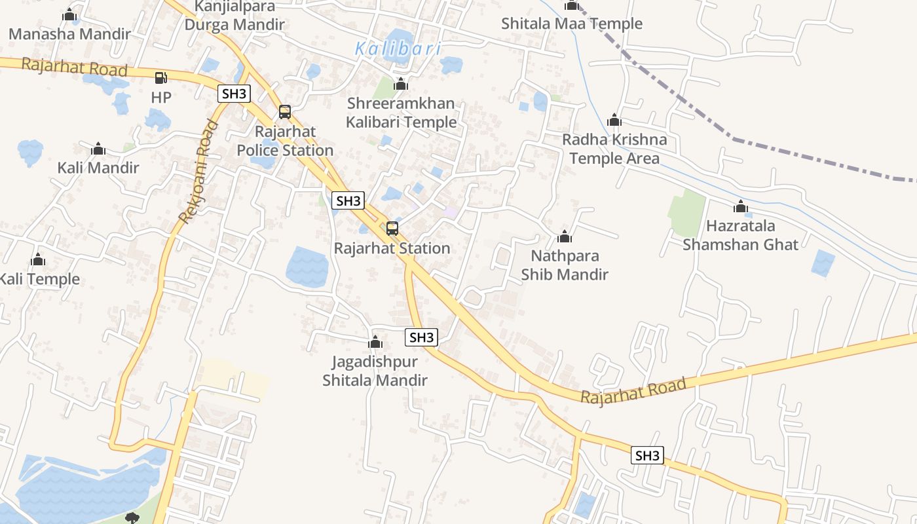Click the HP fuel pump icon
(x=160, y=78)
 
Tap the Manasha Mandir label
(x=69, y=34)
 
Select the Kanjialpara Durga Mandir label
(x=234, y=16)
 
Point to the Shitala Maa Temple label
(x=572, y=24)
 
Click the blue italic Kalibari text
(x=398, y=48)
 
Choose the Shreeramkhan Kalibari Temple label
(x=401, y=113)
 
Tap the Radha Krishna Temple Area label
(x=614, y=149)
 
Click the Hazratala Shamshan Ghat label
(x=741, y=235)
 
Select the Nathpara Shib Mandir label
(x=565, y=265)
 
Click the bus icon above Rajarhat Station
(x=392, y=228)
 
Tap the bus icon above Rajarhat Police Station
(x=284, y=111)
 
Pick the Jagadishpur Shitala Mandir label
(x=375, y=370)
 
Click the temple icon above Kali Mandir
(x=98, y=149)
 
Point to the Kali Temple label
(x=39, y=279)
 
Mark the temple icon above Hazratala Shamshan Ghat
(x=741, y=207)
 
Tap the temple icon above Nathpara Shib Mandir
(x=565, y=236)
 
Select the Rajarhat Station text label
(x=392, y=248)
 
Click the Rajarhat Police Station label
(x=285, y=141)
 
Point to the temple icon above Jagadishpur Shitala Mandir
(x=375, y=342)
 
